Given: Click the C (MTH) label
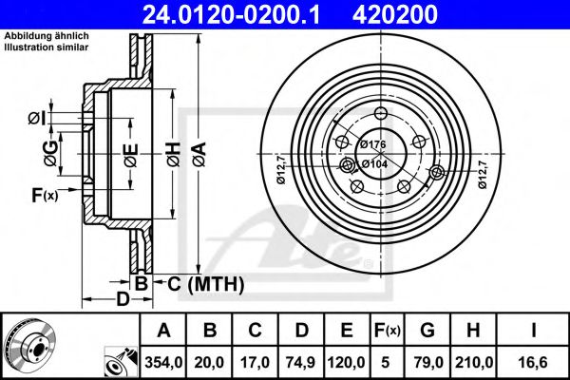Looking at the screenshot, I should [x=205, y=283].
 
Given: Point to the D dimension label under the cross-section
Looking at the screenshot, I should [x=123, y=300].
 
